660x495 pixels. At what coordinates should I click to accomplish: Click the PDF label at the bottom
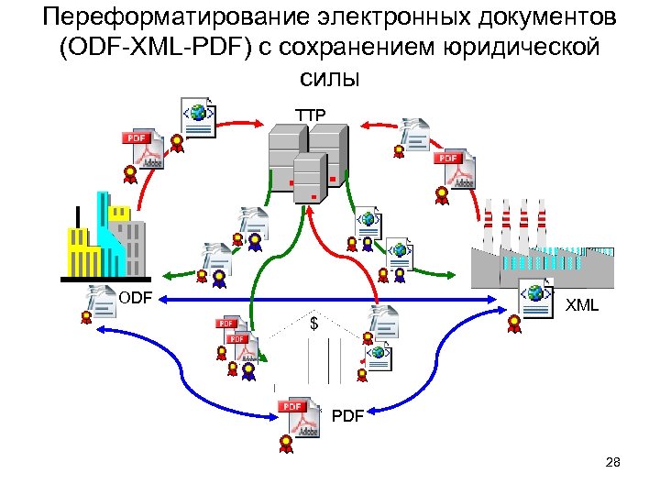pos(347,416)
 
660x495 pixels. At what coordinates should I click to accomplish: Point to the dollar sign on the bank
pos(313,324)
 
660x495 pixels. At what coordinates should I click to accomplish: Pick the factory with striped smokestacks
pos(541,247)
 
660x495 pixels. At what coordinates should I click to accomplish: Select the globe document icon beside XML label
pos(535,296)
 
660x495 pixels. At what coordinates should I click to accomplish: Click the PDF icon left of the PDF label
pos(296,418)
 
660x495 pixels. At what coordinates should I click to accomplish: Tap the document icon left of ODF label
pos(100,299)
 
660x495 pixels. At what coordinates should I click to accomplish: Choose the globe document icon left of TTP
pos(198,116)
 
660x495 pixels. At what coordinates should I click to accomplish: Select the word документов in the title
pos(545,18)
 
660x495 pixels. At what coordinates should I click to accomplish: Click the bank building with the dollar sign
pos(313,348)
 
